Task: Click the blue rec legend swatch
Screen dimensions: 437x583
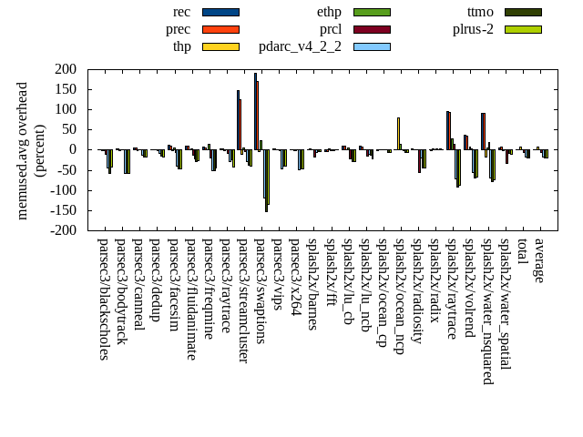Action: (x=220, y=12)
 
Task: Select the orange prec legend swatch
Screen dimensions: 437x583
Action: (x=220, y=29)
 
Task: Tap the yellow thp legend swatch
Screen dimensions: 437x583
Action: (x=220, y=46)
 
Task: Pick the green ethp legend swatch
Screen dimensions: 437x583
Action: (x=372, y=12)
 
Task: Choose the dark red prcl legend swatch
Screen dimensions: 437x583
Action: (x=372, y=29)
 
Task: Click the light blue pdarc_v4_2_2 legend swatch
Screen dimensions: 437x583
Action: (x=372, y=46)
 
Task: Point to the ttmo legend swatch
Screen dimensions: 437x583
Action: (x=523, y=12)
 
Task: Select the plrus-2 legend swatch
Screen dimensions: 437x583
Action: (x=523, y=29)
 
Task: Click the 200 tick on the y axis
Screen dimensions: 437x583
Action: (x=66, y=69)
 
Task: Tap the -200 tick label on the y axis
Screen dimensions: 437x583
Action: (x=62, y=230)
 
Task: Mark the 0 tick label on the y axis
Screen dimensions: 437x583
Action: (x=73, y=150)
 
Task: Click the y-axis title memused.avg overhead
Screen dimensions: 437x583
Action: (x=23, y=149)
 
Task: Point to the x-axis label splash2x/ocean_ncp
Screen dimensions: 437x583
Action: (x=399, y=295)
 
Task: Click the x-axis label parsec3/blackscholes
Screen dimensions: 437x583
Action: (x=103, y=299)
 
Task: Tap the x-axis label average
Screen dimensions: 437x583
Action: (x=538, y=260)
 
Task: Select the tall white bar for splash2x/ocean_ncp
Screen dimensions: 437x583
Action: (x=398, y=133)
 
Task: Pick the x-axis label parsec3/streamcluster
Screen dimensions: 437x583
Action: (x=242, y=300)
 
